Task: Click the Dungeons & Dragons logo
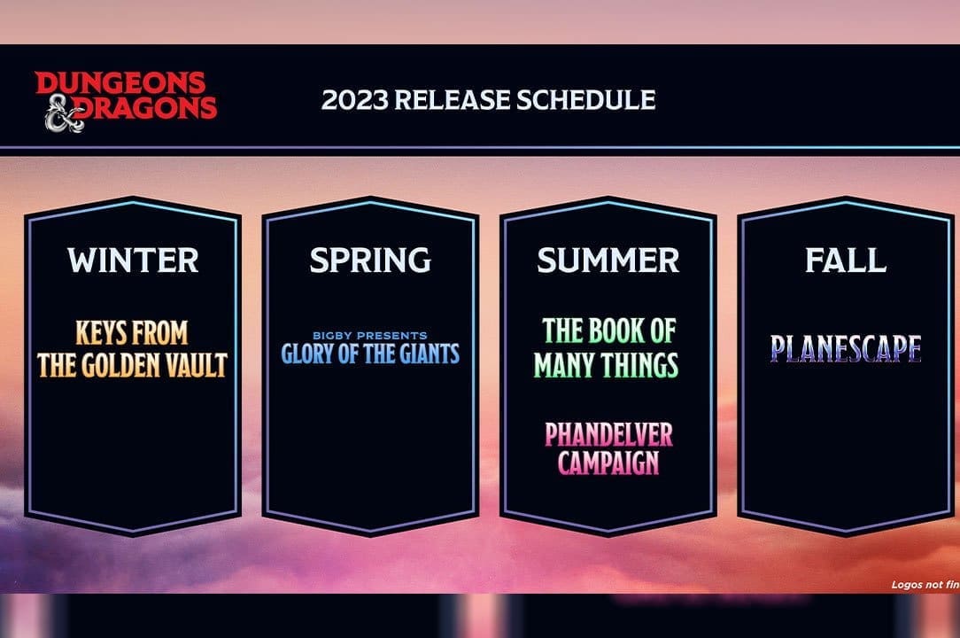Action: point(126,100)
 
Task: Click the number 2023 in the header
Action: point(353,99)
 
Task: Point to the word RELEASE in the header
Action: point(451,99)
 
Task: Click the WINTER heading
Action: point(133,261)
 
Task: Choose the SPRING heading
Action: point(370,261)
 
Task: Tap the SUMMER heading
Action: point(608,261)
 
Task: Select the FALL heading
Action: point(845,261)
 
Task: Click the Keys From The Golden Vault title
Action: point(133,348)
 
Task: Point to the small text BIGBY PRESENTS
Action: point(370,336)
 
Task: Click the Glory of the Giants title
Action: point(370,354)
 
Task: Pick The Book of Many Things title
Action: point(608,348)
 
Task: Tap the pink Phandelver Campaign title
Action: point(608,448)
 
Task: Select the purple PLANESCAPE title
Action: point(845,349)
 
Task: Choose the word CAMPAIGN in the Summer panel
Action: point(608,463)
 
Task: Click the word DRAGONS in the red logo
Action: point(152,109)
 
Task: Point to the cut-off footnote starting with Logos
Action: point(925,585)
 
